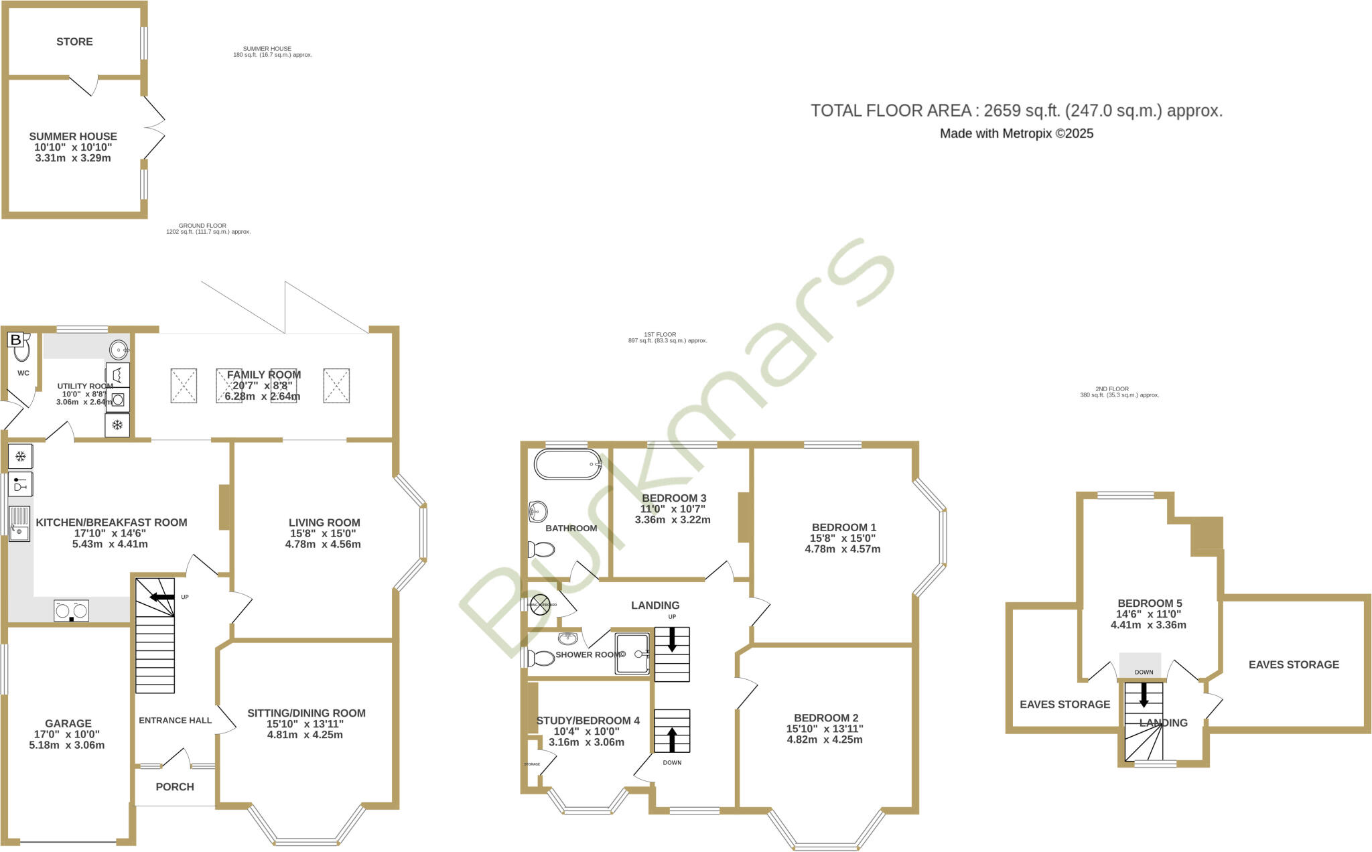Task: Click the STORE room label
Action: pyautogui.click(x=74, y=42)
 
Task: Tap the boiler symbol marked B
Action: pyautogui.click(x=15, y=340)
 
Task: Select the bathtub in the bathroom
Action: pyautogui.click(x=567, y=464)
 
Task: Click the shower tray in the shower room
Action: pyautogui.click(x=632, y=653)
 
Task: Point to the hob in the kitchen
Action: pyautogui.click(x=71, y=610)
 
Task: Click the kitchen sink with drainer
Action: pyautogui.click(x=19, y=523)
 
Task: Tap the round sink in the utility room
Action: pyautogui.click(x=119, y=349)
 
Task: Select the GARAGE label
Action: pyautogui.click(x=68, y=723)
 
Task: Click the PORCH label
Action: pyautogui.click(x=175, y=787)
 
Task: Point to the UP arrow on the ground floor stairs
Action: pyautogui.click(x=161, y=597)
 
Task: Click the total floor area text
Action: pyautogui.click(x=1016, y=111)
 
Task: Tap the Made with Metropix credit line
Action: pyautogui.click(x=1016, y=133)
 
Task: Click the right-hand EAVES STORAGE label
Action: pyautogui.click(x=1294, y=664)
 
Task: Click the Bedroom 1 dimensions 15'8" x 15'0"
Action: pyautogui.click(x=842, y=538)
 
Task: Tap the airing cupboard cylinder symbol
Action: pyautogui.click(x=541, y=604)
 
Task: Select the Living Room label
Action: pyautogui.click(x=324, y=522)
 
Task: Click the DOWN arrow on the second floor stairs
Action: pyautogui.click(x=1144, y=695)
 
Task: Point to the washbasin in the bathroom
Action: pyautogui.click(x=537, y=512)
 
